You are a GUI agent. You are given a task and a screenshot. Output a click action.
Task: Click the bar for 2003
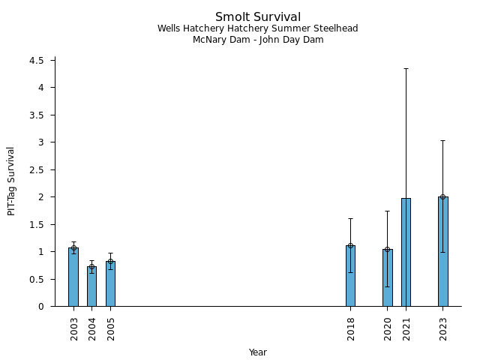point(73,277)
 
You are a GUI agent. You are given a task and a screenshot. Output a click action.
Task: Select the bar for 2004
point(91,286)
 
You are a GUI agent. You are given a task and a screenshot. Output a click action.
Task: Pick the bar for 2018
point(350,276)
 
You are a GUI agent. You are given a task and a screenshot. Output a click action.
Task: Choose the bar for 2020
point(387,277)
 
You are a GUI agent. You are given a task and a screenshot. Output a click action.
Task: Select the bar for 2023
point(442,251)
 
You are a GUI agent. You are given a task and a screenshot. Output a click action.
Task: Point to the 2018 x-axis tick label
point(351,328)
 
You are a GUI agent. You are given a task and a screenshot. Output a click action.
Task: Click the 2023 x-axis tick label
point(443,328)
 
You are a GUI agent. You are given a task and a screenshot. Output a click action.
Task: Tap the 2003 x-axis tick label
point(74,328)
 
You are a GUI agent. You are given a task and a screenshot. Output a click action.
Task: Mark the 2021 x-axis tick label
point(406,328)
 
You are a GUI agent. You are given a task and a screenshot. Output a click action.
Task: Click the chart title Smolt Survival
point(258,17)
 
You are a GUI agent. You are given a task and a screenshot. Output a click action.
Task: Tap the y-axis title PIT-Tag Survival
point(12,181)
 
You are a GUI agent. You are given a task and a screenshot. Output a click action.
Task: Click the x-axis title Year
point(258,352)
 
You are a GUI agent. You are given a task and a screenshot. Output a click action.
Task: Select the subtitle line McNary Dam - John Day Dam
point(258,40)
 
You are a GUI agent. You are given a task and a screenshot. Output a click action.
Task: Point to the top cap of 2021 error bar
point(406,68)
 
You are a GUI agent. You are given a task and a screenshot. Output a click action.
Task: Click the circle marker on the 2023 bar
point(442,196)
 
